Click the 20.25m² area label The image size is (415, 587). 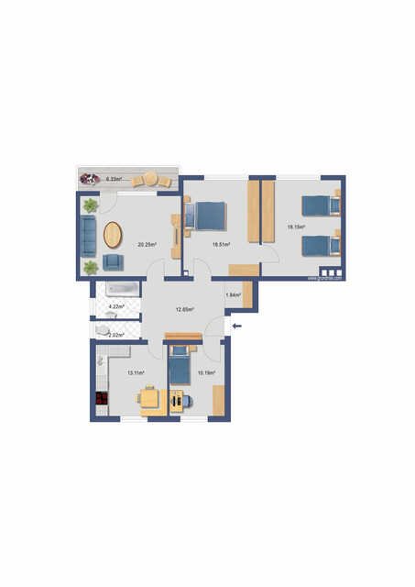[147, 245]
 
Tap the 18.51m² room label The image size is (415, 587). [221, 245]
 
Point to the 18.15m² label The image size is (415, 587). [296, 227]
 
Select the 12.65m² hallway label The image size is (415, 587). [185, 310]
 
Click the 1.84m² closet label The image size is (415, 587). [233, 294]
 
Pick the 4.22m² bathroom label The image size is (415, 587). [116, 307]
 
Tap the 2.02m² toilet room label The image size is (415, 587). [115, 336]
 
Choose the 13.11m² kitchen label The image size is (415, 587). [136, 373]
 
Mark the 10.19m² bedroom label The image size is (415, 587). [207, 373]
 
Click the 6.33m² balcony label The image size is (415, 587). [115, 178]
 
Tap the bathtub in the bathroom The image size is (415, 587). [121, 290]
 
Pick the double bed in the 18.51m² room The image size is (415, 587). [206, 216]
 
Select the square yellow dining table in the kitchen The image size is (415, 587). [152, 401]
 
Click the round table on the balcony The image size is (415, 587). [149, 180]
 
